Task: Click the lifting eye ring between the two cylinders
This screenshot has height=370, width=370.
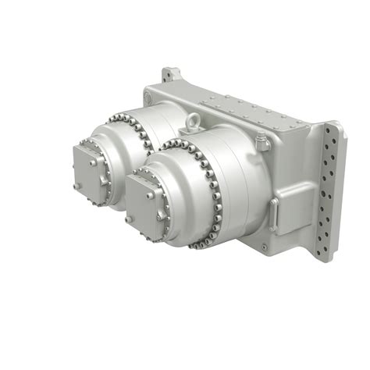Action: pyautogui.click(x=192, y=122)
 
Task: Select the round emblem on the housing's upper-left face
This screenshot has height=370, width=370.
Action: pyautogui.click(x=149, y=97)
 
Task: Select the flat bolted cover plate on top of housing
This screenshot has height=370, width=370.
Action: pyautogui.click(x=250, y=115)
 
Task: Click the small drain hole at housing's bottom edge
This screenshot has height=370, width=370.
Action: pyautogui.click(x=264, y=248)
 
